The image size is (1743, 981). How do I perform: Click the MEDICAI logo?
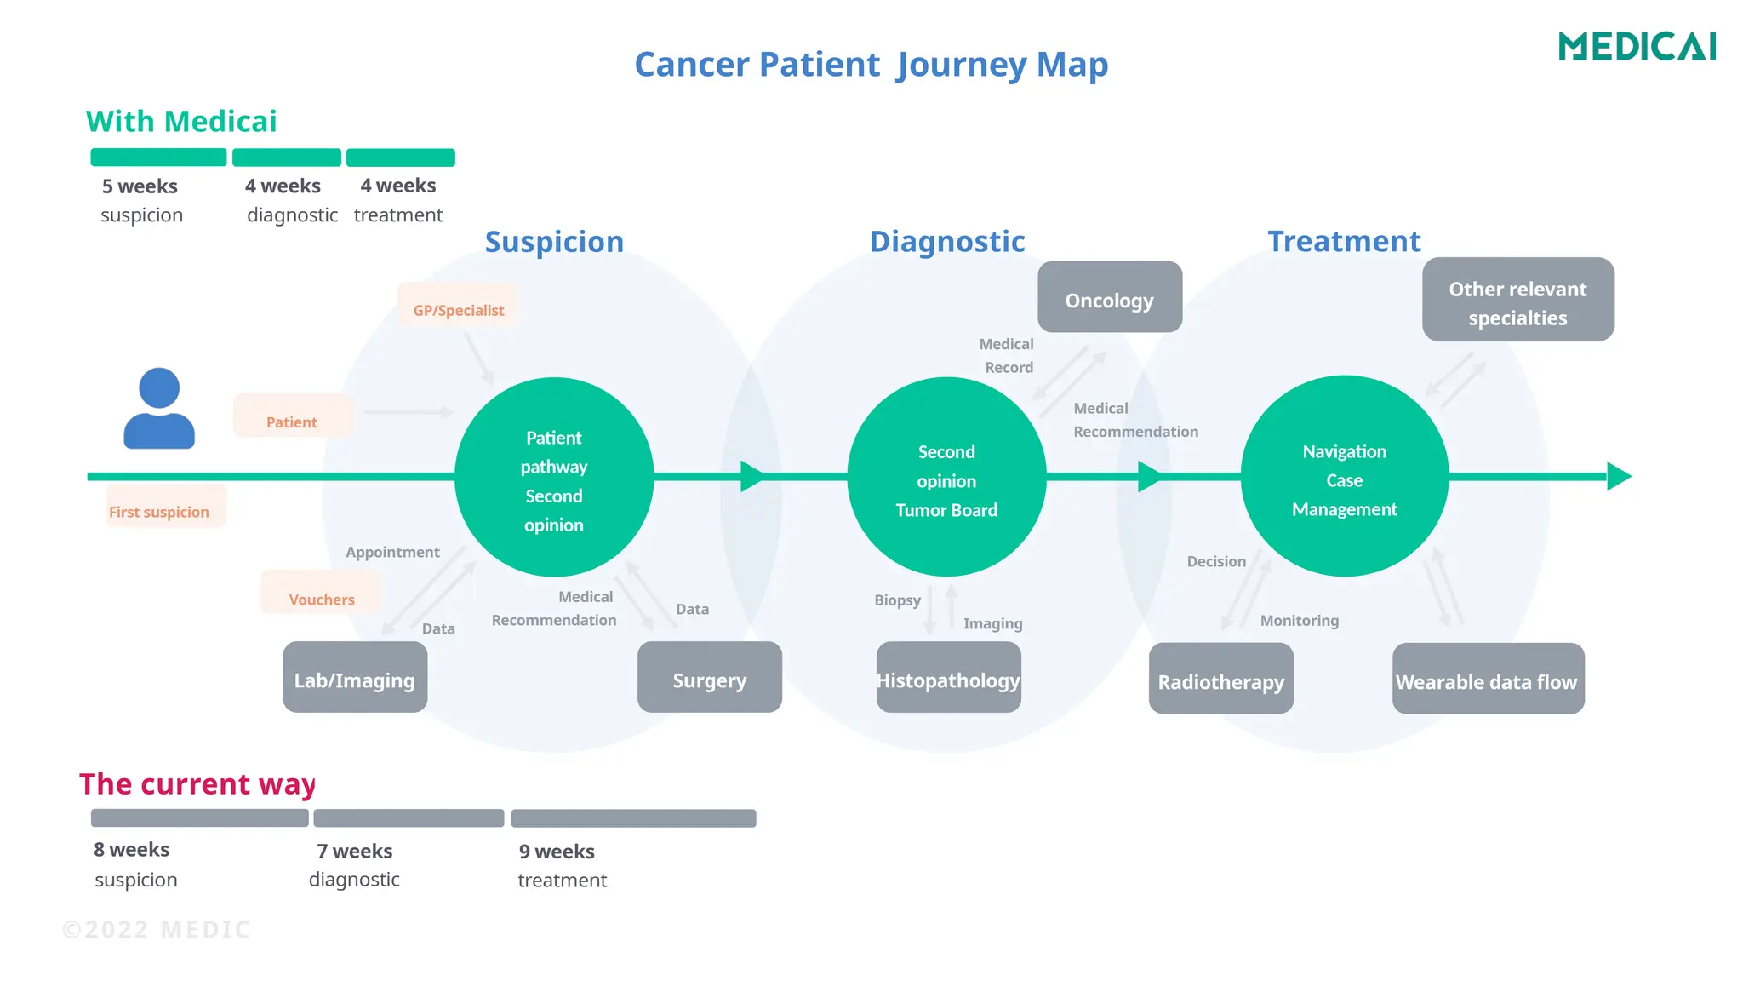pyautogui.click(x=1637, y=46)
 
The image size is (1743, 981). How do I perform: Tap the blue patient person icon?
pyautogui.click(x=159, y=409)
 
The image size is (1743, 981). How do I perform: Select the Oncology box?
pyautogui.click(x=1109, y=298)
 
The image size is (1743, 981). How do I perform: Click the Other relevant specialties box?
pyautogui.click(x=1517, y=301)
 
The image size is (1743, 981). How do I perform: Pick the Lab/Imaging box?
pyautogui.click(x=355, y=678)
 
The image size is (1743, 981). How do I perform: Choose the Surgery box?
pyautogui.click(x=709, y=678)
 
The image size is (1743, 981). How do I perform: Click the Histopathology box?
pyautogui.click(x=948, y=678)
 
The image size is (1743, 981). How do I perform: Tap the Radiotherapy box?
pyautogui.click(x=1220, y=679)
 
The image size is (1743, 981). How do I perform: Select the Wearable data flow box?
pyautogui.click(x=1487, y=679)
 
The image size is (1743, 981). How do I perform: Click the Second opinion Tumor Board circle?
pyautogui.click(x=946, y=478)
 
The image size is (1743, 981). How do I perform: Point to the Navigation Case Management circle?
pyautogui.click(x=1344, y=477)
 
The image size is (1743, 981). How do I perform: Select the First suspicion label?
pyautogui.click(x=159, y=510)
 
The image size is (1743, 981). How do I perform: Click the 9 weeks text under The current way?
pyautogui.click(x=557, y=852)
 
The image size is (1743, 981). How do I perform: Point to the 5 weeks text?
pyautogui.click(x=140, y=186)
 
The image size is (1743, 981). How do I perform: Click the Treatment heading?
pyautogui.click(x=1343, y=242)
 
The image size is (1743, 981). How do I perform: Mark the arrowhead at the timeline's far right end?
pyautogui.click(x=1617, y=476)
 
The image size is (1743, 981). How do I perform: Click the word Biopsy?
pyautogui.click(x=897, y=600)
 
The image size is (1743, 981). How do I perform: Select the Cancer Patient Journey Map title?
pyautogui.click(x=871, y=65)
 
